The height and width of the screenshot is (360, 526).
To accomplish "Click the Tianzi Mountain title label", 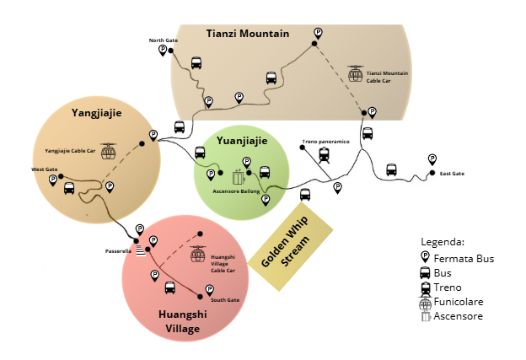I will point(248,34).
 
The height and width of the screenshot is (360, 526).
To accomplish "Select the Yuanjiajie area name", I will point(242,141).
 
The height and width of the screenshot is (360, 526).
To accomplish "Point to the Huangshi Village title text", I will point(180,320).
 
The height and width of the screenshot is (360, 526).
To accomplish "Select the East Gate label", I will point(452,174).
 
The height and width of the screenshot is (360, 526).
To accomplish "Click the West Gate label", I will point(44,169).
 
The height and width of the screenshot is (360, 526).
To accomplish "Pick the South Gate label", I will point(225,300).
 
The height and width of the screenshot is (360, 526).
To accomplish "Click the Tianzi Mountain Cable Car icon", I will point(356,73).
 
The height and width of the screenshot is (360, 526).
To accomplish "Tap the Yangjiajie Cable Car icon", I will point(108,152).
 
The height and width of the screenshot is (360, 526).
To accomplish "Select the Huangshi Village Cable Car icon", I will point(198,254).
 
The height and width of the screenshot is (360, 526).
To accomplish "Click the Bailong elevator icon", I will point(239,178).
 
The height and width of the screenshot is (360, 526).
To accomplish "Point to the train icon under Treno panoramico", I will point(325,154).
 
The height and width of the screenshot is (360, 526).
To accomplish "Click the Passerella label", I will point(119,250).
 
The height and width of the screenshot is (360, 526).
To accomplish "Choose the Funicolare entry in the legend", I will point(456,302).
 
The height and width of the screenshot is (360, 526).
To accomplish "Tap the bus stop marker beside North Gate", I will point(163,51).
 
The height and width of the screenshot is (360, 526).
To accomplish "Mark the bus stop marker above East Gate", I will point(432,159).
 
